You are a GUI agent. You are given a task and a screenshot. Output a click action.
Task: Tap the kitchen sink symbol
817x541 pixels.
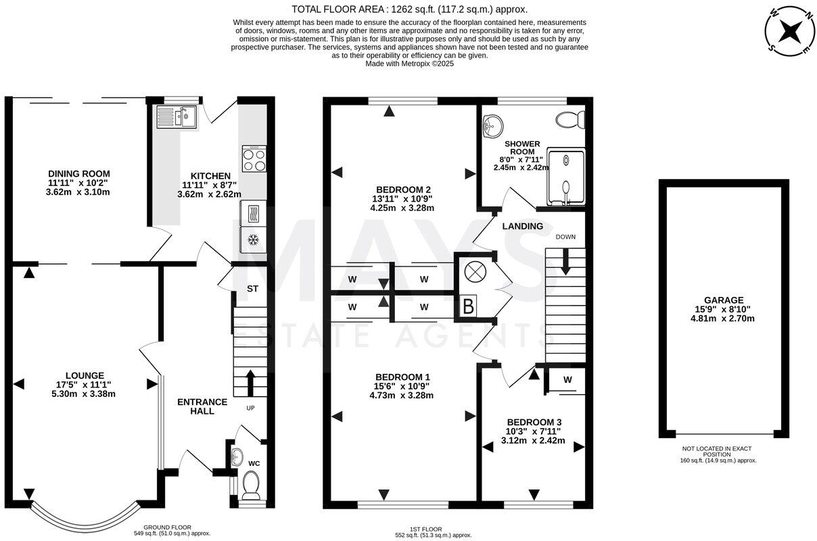pos(176,117)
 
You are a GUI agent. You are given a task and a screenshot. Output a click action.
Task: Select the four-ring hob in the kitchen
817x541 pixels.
pos(254,159)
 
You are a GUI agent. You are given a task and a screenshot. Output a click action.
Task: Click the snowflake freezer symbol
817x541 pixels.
pos(253,239)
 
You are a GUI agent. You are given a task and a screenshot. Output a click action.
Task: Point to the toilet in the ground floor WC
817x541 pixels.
pos(250,484)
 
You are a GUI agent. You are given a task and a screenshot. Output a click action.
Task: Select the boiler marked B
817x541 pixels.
pos(467,306)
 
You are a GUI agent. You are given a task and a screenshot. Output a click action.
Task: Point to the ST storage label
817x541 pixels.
pos(252,289)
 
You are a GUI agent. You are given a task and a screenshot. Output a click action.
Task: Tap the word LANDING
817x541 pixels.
pos(522,226)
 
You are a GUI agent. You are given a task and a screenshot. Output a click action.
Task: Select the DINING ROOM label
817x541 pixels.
pos(78,174)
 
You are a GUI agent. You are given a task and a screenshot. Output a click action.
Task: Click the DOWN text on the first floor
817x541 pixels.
pos(565,237)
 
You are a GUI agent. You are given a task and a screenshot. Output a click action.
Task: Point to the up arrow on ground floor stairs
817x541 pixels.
pos(250,382)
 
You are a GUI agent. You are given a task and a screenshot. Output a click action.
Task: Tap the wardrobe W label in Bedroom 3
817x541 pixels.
pos(567,380)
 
